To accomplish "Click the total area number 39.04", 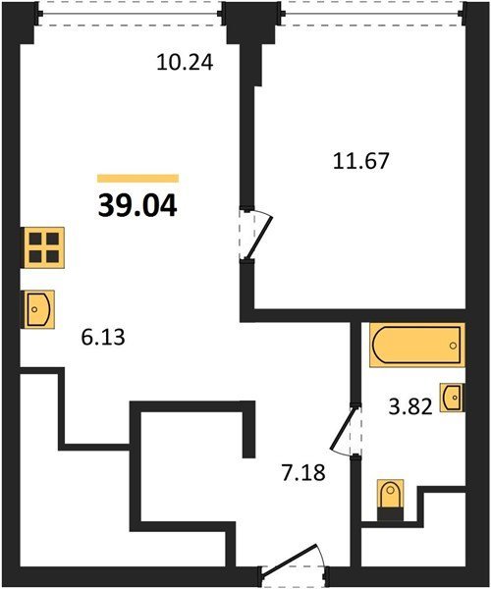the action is click(x=137, y=207).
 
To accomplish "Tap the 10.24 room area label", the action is click(x=185, y=63).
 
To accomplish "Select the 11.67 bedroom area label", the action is click(x=360, y=161).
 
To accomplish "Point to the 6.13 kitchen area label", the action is click(x=102, y=337).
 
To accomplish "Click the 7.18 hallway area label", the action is click(x=303, y=472).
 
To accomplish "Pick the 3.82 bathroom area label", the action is click(x=410, y=406).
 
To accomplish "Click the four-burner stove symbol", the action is click(x=44, y=247).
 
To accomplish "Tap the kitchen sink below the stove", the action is click(x=39, y=309).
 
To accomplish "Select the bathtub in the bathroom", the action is click(x=417, y=345).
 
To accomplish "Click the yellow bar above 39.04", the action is click(x=137, y=179).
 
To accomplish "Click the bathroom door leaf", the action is click(x=343, y=429).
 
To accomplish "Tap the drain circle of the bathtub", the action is click(x=453, y=346).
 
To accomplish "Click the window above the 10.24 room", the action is click(x=130, y=14).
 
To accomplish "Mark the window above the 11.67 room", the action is click(x=373, y=14).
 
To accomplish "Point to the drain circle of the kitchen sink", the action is click(x=34, y=309).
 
